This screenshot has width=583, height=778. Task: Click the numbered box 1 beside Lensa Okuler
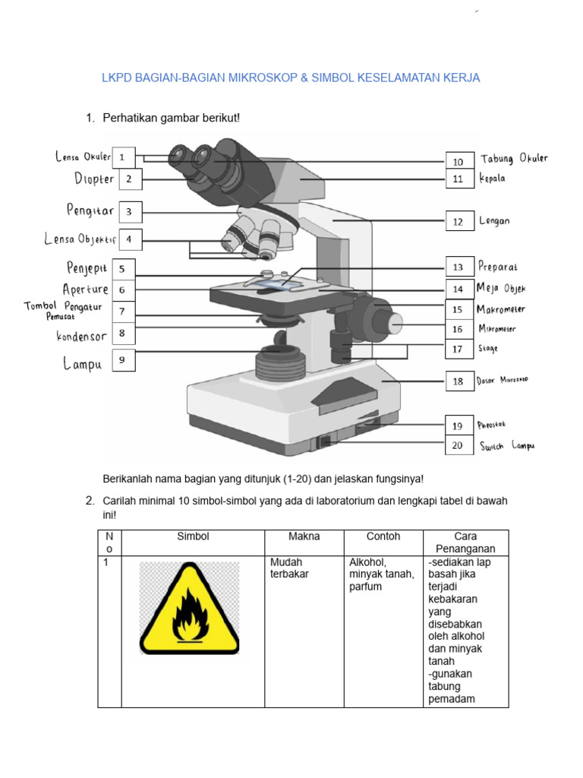pyautogui.click(x=124, y=158)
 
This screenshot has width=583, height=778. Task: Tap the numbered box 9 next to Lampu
pyautogui.click(x=124, y=361)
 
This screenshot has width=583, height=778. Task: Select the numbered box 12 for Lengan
pyautogui.click(x=458, y=222)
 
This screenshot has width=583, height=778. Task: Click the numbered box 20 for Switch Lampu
pyautogui.click(x=458, y=446)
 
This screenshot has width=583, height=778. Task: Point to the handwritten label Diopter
pyautogui.click(x=94, y=179)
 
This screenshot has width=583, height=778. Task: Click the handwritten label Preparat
pyautogui.click(x=498, y=267)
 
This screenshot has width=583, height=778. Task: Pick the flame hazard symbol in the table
pyautogui.click(x=189, y=608)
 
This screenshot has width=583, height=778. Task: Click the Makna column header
pyautogui.click(x=304, y=536)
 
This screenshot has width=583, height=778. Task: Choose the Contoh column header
pyautogui.click(x=383, y=536)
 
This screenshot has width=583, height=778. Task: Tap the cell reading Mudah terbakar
pyautogui.click(x=289, y=568)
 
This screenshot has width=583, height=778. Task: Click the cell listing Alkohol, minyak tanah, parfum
pyautogui.click(x=381, y=574)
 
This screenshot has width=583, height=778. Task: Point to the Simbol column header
pyautogui.click(x=193, y=536)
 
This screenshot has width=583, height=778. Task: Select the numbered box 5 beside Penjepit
pyautogui.click(x=124, y=269)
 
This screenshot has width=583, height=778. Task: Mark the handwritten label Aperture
pyautogui.click(x=86, y=289)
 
